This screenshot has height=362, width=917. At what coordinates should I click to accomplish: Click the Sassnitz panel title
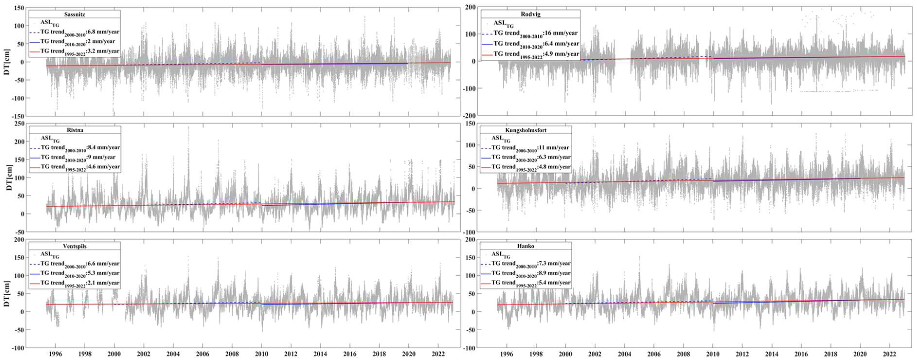(74, 14)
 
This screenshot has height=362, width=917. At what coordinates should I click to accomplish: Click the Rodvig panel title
(530, 14)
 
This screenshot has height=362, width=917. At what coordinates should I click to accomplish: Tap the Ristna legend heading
(75, 130)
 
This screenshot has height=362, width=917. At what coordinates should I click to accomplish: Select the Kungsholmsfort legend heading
(525, 130)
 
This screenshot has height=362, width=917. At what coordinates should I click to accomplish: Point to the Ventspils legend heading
(74, 246)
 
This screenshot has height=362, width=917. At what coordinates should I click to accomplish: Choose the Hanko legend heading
(525, 246)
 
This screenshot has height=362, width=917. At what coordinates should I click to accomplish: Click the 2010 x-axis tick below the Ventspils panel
(261, 354)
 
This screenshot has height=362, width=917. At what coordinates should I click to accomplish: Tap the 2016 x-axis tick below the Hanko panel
(801, 354)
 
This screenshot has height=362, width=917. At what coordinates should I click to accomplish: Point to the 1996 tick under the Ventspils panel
(55, 354)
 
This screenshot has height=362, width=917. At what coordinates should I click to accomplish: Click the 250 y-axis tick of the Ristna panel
(19, 123)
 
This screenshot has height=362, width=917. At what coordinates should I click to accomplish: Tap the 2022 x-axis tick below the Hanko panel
(890, 354)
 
